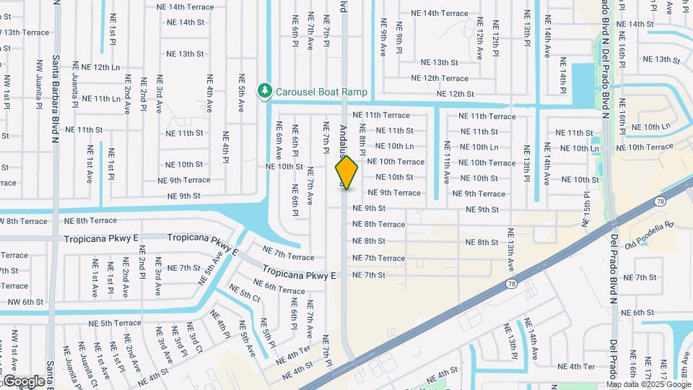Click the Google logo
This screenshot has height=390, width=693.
[x=24, y=381]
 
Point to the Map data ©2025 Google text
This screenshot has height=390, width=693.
[x=648, y=384]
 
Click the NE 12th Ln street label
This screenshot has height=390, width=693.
[x=100, y=66]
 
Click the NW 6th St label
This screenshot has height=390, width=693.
[x=22, y=302]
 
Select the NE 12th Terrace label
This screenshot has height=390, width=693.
[x=440, y=78]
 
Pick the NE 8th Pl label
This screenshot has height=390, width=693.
[x=363, y=136]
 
